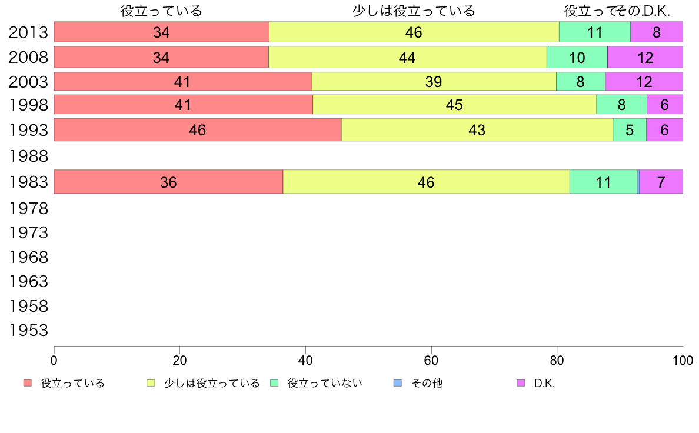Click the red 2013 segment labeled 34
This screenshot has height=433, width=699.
[x=161, y=32]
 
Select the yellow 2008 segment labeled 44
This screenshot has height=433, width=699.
[x=407, y=57]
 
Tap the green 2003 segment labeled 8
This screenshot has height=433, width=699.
[x=580, y=81]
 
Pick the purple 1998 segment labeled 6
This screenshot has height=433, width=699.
[x=664, y=105]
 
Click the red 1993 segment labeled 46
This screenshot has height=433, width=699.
[x=198, y=130]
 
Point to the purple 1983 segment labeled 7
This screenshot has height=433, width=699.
[x=661, y=182]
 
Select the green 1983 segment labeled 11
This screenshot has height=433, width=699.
[x=603, y=182]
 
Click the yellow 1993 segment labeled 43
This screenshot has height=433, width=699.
[x=477, y=130]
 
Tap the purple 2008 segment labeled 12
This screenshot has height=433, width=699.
[x=645, y=57]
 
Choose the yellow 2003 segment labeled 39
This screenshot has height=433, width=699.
[x=434, y=81]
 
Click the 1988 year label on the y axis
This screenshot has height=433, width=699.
[x=28, y=156]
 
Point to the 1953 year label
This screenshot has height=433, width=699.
[x=28, y=331]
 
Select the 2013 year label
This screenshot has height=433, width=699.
[x=28, y=32]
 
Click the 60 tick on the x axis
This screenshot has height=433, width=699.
[x=431, y=359]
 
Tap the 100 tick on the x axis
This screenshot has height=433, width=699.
[x=683, y=359]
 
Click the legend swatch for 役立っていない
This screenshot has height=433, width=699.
[x=274, y=383]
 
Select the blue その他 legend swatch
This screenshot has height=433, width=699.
[x=397, y=383]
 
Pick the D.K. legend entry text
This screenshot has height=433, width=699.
[x=544, y=383]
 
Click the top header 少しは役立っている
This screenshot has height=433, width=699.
[x=414, y=11]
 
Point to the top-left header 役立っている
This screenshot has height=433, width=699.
[x=161, y=11]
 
